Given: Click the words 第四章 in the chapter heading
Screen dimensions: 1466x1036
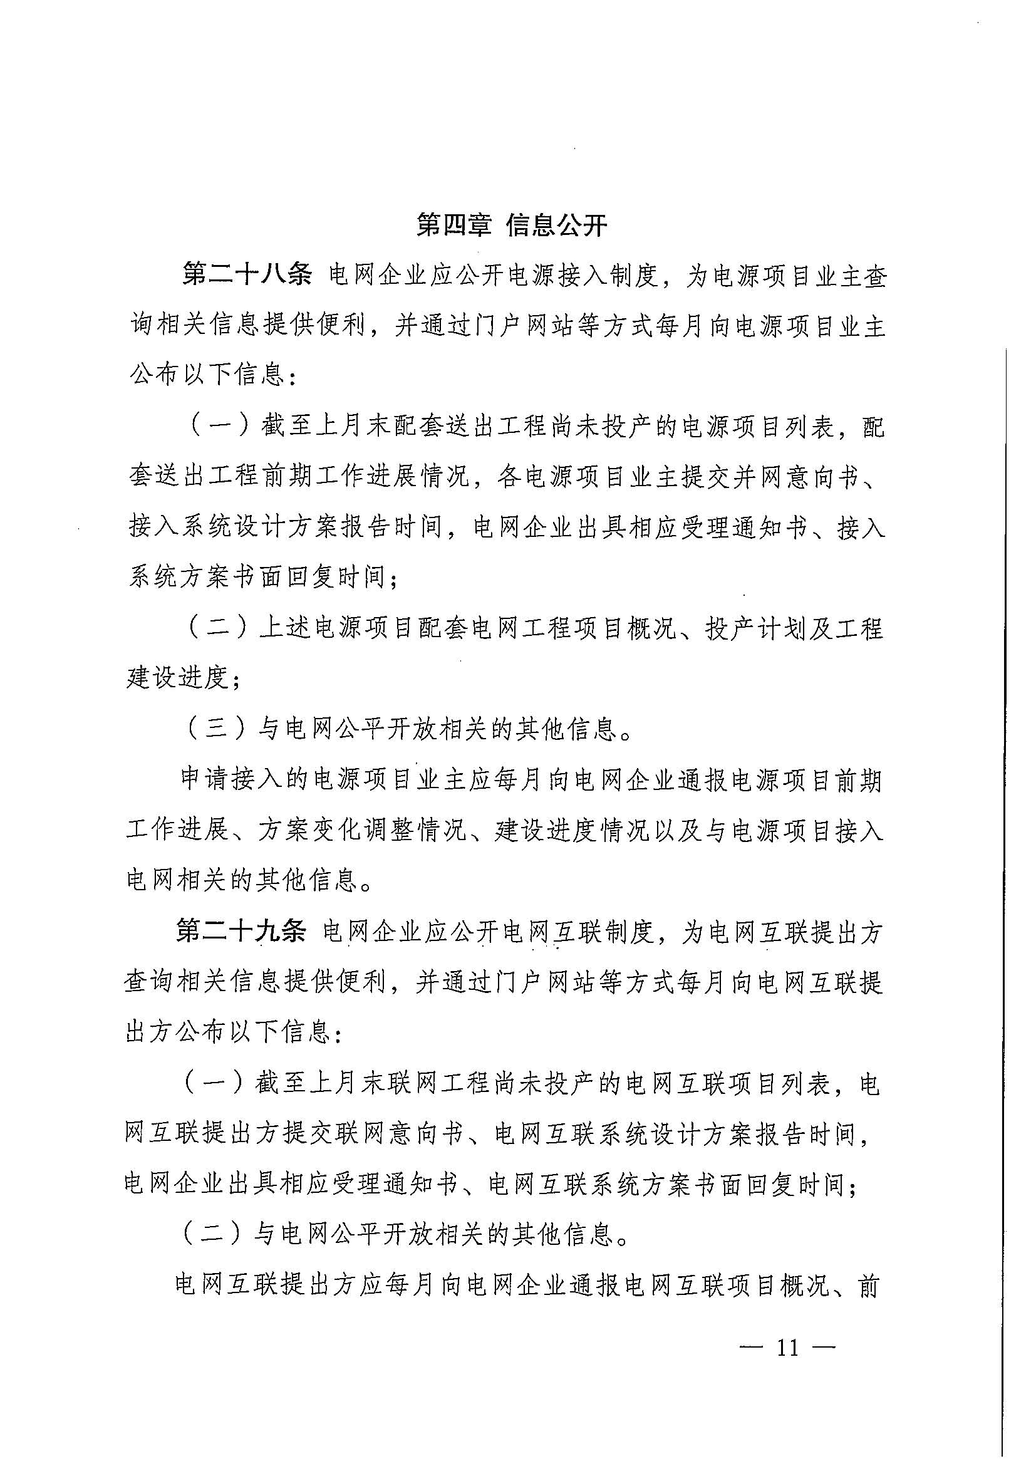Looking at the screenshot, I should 453,225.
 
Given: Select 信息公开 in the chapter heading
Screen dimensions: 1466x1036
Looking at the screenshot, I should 556,225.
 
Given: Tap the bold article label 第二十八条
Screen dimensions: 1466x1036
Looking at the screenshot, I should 247,276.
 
